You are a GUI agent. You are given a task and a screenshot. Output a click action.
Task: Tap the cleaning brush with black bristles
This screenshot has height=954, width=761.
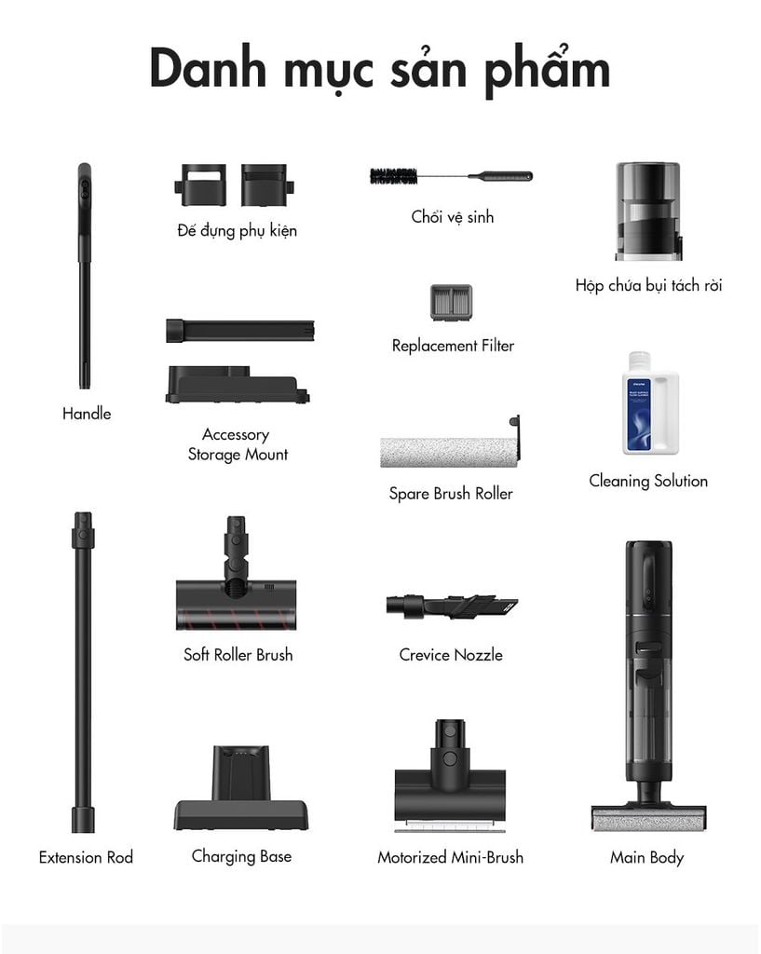(x=451, y=176)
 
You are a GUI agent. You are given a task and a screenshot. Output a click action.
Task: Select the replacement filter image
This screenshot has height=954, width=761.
(x=451, y=303)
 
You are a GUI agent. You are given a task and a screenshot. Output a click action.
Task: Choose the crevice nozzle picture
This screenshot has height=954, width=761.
(x=452, y=606)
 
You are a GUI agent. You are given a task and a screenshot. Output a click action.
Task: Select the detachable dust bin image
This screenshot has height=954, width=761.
(x=648, y=211)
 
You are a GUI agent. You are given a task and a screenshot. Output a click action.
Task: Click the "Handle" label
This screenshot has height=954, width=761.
(x=87, y=414)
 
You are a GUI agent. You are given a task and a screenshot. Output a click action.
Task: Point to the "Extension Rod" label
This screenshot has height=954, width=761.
(x=86, y=857)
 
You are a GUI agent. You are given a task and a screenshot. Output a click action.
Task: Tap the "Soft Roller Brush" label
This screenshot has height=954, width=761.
(x=238, y=655)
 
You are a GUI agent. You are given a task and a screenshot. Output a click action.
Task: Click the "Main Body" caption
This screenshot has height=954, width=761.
(x=646, y=858)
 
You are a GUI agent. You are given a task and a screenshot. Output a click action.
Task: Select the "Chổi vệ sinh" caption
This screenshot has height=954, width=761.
(x=452, y=216)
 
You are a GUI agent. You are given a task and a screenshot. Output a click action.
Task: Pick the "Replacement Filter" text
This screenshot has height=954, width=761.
(x=453, y=346)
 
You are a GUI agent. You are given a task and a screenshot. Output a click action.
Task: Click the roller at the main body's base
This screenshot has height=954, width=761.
(x=648, y=818)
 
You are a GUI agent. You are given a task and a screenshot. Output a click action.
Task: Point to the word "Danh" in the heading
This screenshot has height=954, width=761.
(x=208, y=68)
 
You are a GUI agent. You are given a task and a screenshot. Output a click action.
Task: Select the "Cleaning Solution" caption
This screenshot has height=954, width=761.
(x=648, y=482)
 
